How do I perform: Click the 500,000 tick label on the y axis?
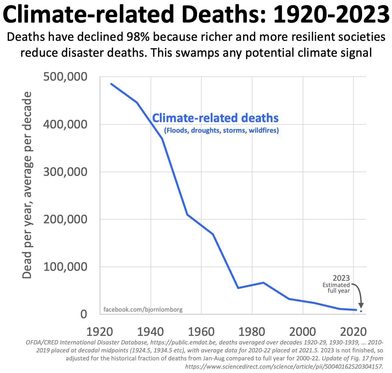65,77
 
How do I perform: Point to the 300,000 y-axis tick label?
65,172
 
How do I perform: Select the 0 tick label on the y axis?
83,314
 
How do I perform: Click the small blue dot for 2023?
361,311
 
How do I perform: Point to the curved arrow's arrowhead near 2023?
361,306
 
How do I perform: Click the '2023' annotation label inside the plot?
341,278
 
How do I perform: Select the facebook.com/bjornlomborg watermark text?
143,310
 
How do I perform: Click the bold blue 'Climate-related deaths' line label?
215,118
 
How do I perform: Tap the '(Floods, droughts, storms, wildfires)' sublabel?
221,130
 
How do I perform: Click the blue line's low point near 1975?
238,288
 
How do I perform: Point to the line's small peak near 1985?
263,283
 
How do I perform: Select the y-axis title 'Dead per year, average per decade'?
27,185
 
